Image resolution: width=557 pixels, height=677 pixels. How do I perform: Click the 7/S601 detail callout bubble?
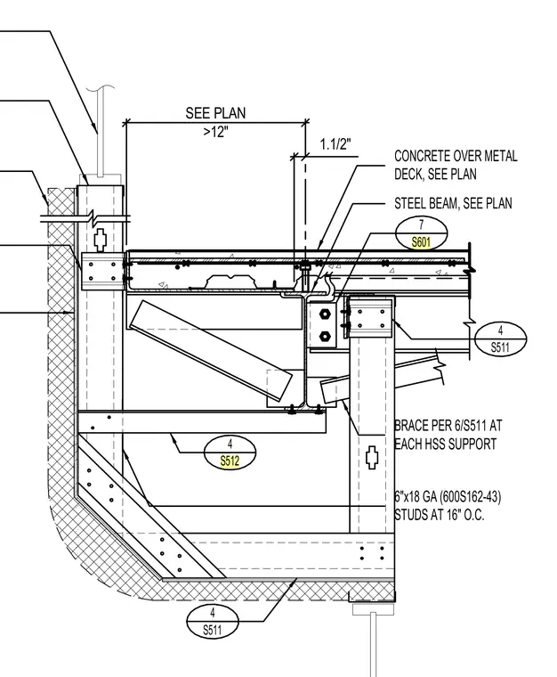(421, 233)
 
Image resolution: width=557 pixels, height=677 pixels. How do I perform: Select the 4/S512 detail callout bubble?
(230, 452)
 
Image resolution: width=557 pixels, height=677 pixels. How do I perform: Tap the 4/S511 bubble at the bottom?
(212, 621)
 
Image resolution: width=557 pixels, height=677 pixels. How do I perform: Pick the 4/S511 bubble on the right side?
(500, 338)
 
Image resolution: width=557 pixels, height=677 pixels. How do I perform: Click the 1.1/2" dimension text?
(335, 143)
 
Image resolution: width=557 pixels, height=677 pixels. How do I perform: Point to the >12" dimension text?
(215, 132)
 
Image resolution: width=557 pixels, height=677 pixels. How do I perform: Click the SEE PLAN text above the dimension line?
(215, 113)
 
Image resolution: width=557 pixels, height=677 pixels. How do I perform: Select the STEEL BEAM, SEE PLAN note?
(453, 203)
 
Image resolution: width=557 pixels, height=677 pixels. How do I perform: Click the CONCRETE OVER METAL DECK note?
(456, 165)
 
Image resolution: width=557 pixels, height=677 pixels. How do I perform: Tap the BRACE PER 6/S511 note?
(448, 435)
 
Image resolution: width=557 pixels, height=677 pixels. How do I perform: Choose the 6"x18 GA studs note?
(448, 506)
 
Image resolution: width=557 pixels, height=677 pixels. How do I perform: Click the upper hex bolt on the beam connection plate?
(325, 314)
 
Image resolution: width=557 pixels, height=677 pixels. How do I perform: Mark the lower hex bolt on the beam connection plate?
(325, 335)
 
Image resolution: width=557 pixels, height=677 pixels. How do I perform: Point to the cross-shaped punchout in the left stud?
(100, 240)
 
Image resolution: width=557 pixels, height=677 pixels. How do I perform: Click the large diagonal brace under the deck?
(211, 350)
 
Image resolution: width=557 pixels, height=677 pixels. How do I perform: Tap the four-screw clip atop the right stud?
(370, 318)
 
